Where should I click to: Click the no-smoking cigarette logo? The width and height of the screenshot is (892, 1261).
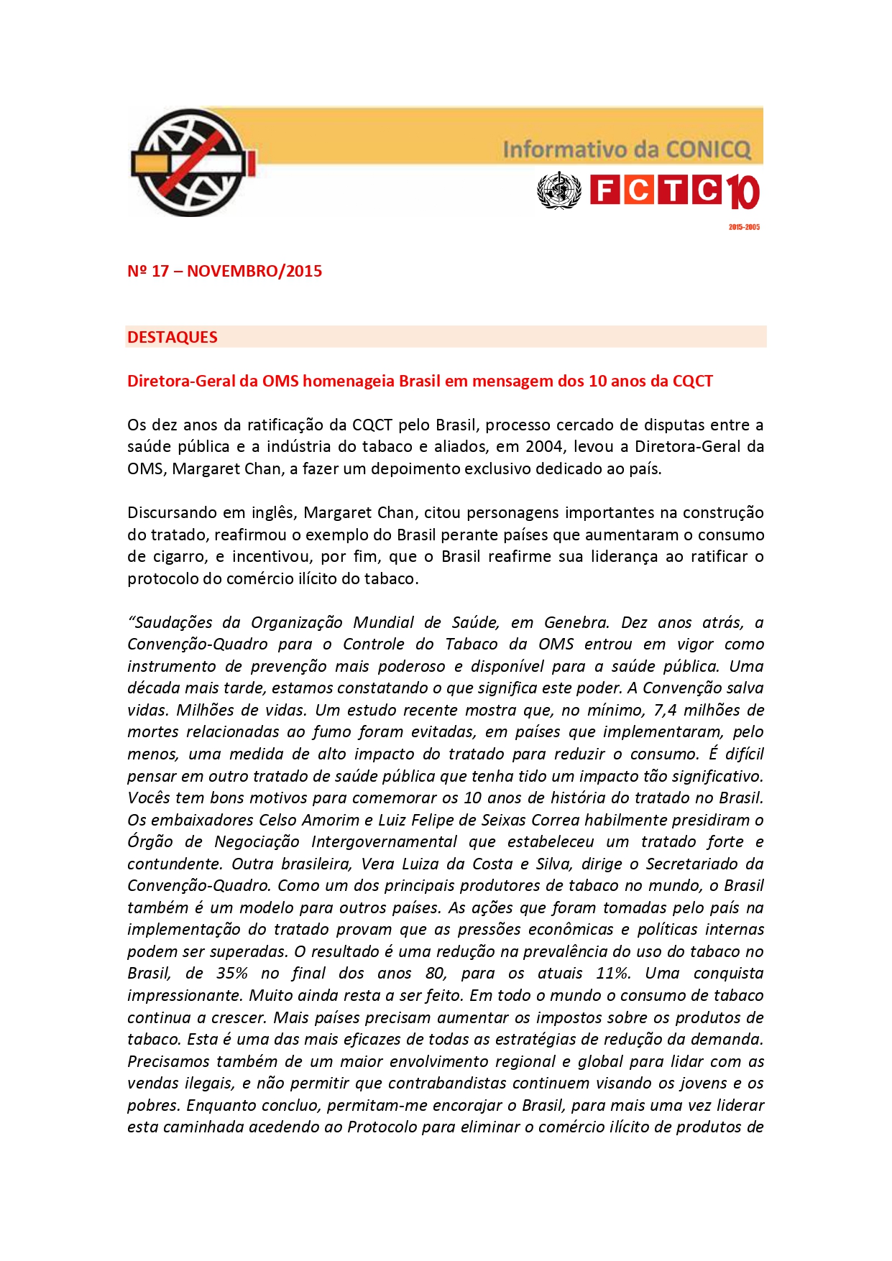coord(191,163)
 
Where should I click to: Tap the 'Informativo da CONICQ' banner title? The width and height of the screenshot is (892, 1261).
coord(626,149)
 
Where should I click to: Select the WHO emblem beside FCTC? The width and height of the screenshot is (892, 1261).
coord(558,191)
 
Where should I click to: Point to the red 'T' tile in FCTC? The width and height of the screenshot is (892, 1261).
coord(673,190)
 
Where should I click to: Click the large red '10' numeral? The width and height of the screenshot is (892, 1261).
coord(741,193)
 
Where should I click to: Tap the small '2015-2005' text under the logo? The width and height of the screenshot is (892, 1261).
coord(744,227)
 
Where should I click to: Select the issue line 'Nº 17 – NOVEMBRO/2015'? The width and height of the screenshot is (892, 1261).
coord(224,272)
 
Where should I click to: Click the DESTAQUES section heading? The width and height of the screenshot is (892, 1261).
coord(173,337)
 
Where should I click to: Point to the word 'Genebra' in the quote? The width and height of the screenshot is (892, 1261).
coord(576,623)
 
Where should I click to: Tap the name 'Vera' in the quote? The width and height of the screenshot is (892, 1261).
coord(377,864)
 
